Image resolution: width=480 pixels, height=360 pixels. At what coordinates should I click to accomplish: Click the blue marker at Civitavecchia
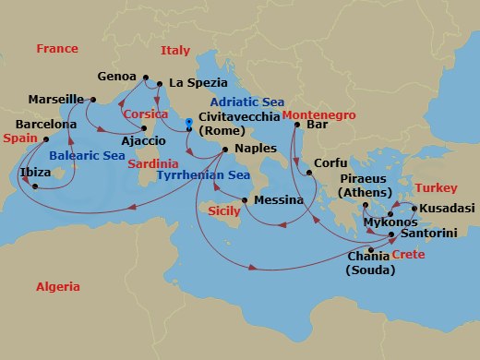point(187,121)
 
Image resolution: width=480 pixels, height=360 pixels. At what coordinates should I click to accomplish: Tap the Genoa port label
point(115,77)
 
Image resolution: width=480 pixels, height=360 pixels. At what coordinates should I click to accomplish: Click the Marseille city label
point(56,99)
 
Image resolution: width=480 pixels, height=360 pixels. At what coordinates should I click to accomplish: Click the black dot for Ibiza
point(34,186)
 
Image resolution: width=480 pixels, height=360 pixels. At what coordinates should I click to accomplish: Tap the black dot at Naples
point(225,149)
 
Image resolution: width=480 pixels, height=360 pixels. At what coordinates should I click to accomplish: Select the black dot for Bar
point(297,124)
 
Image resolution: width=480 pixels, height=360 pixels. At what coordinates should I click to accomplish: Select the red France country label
point(57,48)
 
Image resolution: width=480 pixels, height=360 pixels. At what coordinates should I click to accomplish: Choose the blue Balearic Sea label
point(88,156)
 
